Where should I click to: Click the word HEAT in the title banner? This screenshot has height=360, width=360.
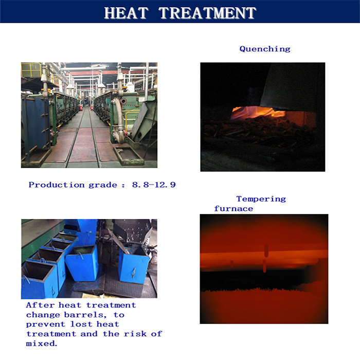tap(126, 13)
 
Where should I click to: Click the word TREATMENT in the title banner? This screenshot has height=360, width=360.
tap(207, 13)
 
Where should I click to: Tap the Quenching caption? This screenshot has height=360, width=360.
tap(265, 49)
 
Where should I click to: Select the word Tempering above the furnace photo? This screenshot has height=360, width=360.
tap(261, 199)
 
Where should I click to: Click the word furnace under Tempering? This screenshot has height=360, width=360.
tap(233, 209)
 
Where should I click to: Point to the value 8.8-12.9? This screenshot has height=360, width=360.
tap(154, 185)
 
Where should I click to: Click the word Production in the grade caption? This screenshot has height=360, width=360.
tap(57, 185)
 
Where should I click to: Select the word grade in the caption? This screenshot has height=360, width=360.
tap(103, 185)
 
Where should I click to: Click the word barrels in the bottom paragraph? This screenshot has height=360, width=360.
tap(85, 315)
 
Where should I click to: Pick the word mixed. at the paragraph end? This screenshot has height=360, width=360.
tap(41, 344)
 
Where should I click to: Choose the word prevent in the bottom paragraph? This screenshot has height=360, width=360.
tap(46, 325)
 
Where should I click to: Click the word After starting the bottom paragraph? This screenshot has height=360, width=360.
tap(40, 305)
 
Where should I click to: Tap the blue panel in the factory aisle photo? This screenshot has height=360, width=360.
tap(35, 122)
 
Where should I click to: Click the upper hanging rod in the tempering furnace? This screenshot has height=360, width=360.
tap(266, 250)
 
